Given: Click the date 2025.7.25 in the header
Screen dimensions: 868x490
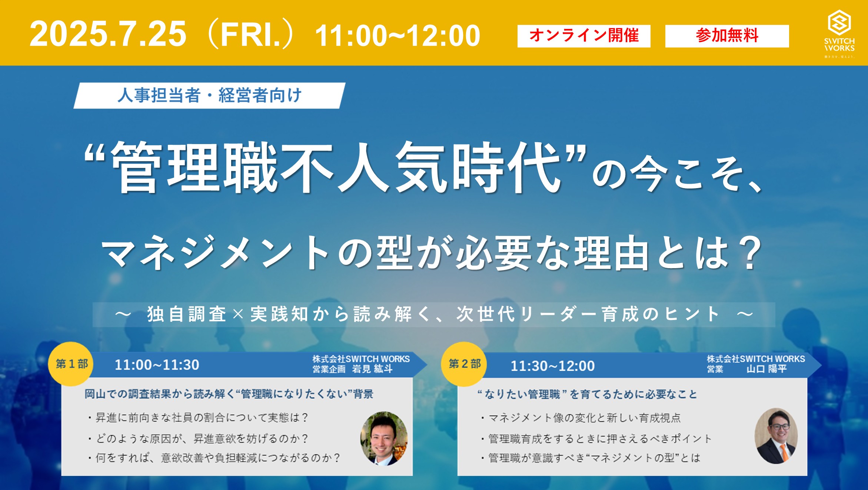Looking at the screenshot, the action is click(x=108, y=34).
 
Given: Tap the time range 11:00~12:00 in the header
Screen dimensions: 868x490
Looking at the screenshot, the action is click(x=398, y=36).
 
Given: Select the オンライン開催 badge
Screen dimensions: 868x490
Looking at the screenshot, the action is click(x=584, y=36).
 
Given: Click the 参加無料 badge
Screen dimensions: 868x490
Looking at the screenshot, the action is click(x=727, y=36).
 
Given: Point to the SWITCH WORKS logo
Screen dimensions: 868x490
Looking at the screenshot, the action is click(x=839, y=33).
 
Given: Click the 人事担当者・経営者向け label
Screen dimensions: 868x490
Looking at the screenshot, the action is click(x=209, y=96).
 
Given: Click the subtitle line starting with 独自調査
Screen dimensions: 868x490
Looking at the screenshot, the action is click(x=433, y=314).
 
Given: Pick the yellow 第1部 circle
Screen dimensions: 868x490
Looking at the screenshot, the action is click(x=71, y=364).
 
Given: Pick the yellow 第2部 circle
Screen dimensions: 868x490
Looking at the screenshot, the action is click(x=464, y=364).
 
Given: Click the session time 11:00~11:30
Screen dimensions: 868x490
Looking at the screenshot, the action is click(x=157, y=365).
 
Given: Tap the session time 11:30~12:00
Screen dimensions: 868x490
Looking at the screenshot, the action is click(x=553, y=366).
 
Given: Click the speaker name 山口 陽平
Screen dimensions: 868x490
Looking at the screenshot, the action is click(x=766, y=369).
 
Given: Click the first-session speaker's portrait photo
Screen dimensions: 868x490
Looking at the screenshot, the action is click(x=384, y=439).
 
